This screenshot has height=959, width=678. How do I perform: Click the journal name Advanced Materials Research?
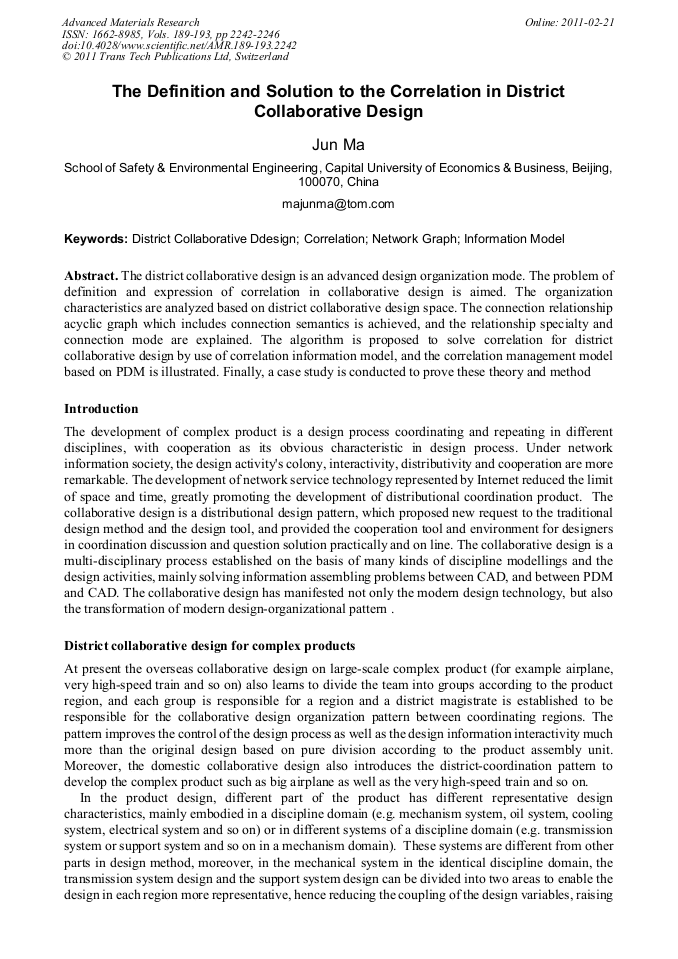coord(130,22)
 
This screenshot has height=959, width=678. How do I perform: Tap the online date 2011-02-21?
coord(589,22)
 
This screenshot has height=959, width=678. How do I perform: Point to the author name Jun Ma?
coord(338,146)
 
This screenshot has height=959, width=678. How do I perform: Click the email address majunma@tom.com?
coord(338,204)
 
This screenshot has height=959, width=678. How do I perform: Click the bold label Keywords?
coord(95,239)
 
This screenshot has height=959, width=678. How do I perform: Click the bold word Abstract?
coord(90,275)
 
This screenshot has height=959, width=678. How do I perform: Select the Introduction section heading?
coord(101,408)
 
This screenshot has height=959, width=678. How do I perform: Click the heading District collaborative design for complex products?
coord(209,645)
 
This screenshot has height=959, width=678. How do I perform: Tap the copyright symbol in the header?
coord(66,58)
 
